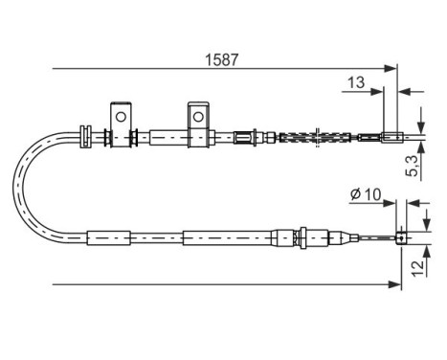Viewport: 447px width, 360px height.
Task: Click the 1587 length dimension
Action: pos(220,56)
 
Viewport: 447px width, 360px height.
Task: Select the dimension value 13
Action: pos(354,84)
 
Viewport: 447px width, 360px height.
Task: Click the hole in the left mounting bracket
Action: pos(121,116)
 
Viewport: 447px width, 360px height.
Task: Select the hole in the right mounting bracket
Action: pos(198,116)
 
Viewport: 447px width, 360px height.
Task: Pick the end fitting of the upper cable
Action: pos(393,136)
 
